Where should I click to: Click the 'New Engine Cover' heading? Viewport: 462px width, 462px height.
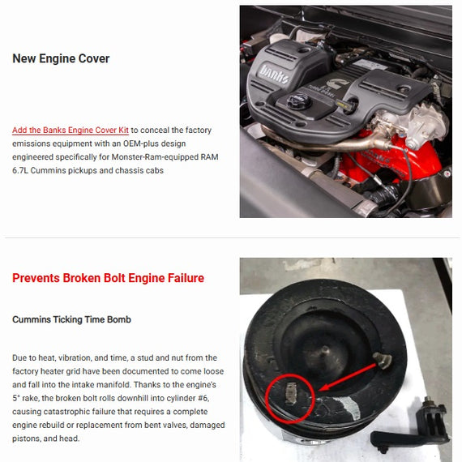[x=61, y=58]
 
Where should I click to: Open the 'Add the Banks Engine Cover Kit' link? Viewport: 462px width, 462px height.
[x=71, y=130]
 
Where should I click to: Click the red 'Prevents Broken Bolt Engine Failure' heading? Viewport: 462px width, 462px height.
[x=108, y=278]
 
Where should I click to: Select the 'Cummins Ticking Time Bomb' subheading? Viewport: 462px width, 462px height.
[x=71, y=319]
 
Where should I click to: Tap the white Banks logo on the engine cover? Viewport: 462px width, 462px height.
[x=273, y=74]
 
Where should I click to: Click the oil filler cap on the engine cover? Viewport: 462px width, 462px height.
[x=299, y=101]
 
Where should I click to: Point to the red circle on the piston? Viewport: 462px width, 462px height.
[x=290, y=398]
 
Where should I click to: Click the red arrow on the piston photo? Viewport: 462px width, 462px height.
[x=348, y=377]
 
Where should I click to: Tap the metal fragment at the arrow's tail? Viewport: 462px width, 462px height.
[x=383, y=360]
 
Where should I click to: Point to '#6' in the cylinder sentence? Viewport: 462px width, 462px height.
[x=203, y=398]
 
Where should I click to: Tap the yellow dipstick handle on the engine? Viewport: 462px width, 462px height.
[x=342, y=104]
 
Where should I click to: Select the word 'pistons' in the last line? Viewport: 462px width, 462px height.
[x=26, y=438]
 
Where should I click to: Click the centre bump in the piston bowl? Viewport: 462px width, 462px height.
[x=325, y=351]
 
